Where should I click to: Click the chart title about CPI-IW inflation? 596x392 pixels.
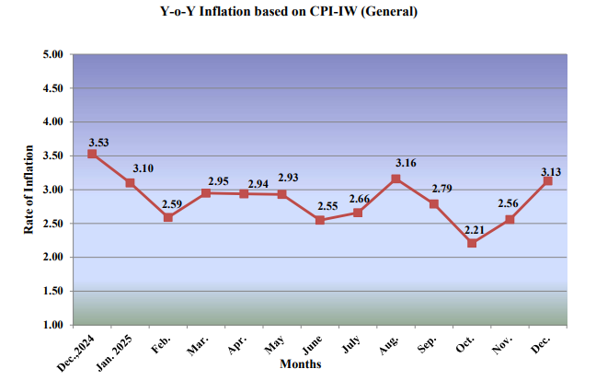298,13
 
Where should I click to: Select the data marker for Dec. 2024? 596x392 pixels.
92,154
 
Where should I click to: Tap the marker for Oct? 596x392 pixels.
472,243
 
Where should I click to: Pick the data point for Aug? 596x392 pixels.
395,179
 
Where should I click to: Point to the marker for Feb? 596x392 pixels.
168,217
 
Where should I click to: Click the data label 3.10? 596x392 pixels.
143,168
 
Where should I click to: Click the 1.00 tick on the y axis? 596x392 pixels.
52,325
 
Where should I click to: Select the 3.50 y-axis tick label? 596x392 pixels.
52,156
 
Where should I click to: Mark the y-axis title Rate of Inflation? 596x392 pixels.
29,189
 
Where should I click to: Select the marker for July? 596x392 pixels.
358,213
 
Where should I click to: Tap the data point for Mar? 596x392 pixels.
206,192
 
